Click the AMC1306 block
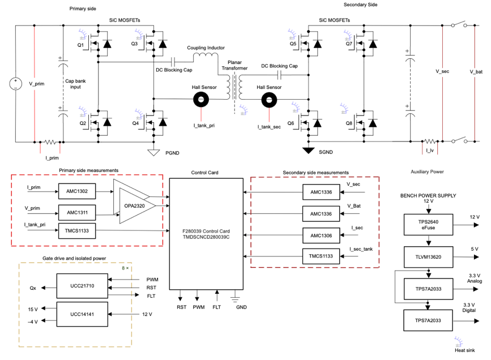tap(321, 234)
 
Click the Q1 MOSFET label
tap(80, 44)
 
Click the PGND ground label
tap(172, 152)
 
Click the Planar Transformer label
tap(235, 66)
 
